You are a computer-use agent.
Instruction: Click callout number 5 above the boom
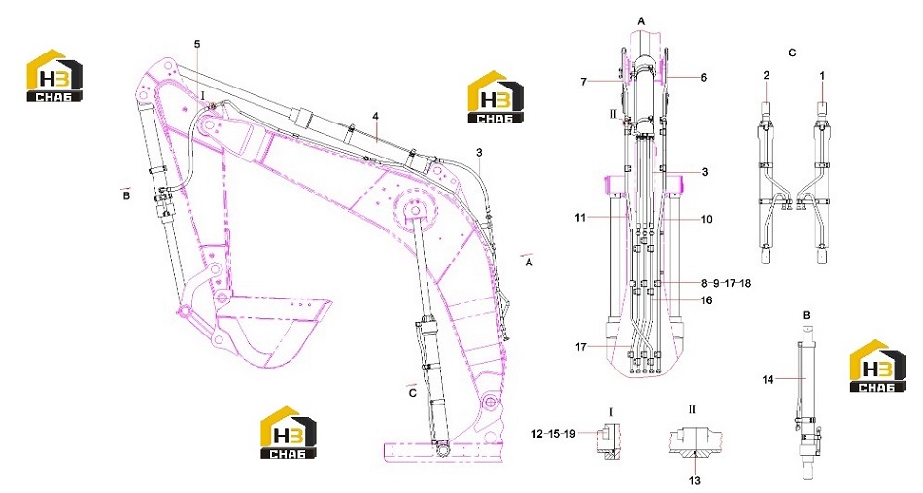[x=197, y=44]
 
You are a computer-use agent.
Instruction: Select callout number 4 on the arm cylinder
[x=375, y=116]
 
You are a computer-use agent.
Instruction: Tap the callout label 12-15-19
[x=554, y=433]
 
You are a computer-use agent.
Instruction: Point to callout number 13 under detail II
[x=695, y=481]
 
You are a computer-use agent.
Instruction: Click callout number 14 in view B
[x=768, y=380]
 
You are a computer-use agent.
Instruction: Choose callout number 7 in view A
[x=583, y=82]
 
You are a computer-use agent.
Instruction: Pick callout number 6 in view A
[x=704, y=77]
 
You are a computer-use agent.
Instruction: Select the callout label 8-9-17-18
[x=727, y=283]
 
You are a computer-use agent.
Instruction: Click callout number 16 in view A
[x=707, y=300]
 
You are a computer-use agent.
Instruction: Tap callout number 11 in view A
[x=580, y=218]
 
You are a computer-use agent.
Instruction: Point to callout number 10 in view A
[x=707, y=219]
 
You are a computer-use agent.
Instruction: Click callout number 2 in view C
[x=766, y=76]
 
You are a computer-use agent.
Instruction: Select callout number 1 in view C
[x=822, y=76]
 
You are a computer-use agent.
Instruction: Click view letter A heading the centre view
[x=641, y=21]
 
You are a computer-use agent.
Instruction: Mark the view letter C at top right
[x=792, y=53]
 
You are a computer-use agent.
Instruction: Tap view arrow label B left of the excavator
[x=126, y=195]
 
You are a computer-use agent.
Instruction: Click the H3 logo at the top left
[x=54, y=76]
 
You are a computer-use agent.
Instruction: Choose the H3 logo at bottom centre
[x=289, y=433]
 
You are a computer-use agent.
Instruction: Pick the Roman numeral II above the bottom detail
[x=692, y=409]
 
